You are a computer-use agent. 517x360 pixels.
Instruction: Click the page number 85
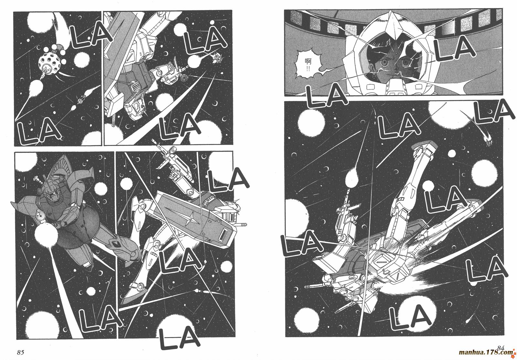click(x=20, y=352)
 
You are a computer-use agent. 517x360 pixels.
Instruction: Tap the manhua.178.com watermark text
click(x=486, y=353)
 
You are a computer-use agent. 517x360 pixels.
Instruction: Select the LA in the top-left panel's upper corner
click(x=91, y=37)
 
